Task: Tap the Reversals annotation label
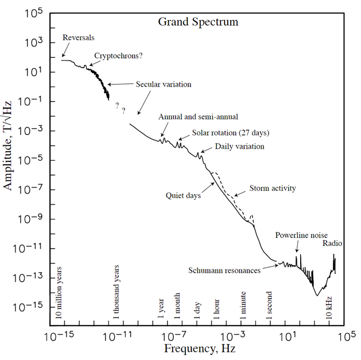coord(79,38)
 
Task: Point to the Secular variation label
coord(163,84)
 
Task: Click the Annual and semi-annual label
coord(198,117)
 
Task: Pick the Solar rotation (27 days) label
coord(230,133)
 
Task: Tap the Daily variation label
coord(239,146)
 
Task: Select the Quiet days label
coord(183,196)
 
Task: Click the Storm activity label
coord(273,188)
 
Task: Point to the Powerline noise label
coord(301,235)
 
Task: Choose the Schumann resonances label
coord(224,270)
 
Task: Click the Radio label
coord(332,243)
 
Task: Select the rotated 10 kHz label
coord(329,305)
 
